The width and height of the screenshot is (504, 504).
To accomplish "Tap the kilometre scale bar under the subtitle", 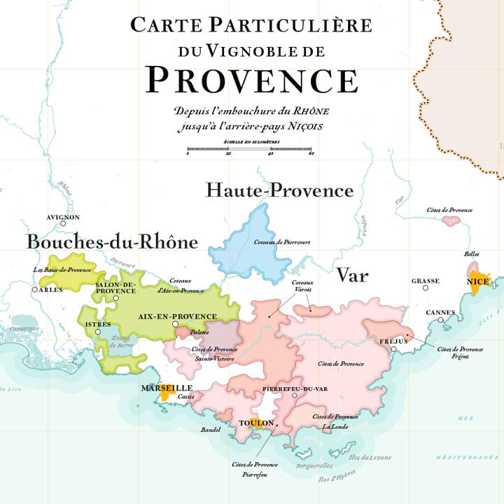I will pos(249,150).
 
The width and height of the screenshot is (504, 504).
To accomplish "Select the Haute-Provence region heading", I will pos(279,190).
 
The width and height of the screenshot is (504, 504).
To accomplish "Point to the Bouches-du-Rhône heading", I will pos(112,242).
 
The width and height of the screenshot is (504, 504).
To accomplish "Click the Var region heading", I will pos(352,275).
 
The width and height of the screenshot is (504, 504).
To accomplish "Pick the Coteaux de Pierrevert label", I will pos(282,241).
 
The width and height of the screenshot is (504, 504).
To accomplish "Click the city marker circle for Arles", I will pos(35,289).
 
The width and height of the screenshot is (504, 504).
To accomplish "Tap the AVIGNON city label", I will pos(63,218).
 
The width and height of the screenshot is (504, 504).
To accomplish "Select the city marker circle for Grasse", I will pos(425,289).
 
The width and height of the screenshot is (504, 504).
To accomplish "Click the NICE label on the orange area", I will pos(477,281).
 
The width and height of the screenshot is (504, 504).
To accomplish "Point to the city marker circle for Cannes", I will pos(441,320).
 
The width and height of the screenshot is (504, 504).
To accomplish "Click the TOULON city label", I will pos(255,423).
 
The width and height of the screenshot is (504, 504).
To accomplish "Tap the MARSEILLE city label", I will pos(167,387).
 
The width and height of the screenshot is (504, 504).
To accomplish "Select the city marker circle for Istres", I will pos(98,332).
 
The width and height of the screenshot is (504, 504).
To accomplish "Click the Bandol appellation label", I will pos(211,430).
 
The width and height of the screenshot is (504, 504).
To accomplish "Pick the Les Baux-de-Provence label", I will pos(62,269).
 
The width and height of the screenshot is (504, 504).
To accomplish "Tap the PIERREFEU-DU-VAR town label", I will pos(295,388).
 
